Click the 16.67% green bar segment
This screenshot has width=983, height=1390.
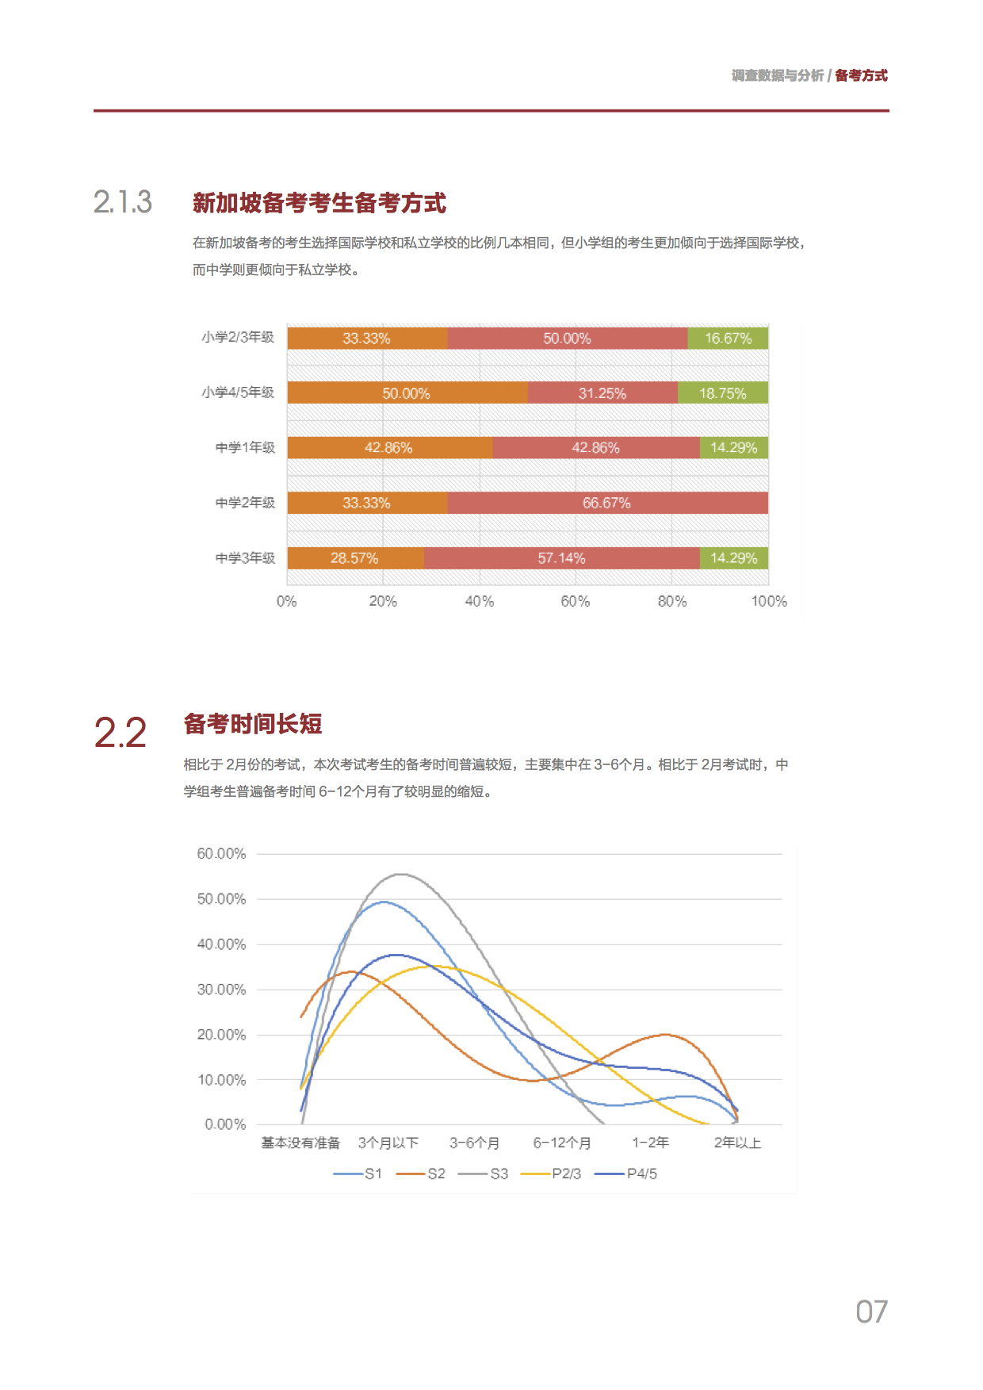point(728,339)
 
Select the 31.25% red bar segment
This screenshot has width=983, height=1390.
point(602,393)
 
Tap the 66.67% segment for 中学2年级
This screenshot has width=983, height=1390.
point(607,504)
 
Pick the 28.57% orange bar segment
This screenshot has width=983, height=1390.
point(354,558)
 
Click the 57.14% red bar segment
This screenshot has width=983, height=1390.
point(561,558)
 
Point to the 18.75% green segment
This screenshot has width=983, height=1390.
point(722,393)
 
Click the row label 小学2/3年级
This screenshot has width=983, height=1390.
point(238,338)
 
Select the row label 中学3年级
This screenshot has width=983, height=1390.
point(245,558)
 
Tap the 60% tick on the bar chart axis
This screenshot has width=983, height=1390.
point(575,602)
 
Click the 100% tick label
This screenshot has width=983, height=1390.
point(768,602)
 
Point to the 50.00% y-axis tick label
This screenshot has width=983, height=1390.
point(221,899)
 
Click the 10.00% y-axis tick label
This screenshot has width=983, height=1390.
point(221,1080)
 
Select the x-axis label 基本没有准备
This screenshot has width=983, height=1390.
point(300,1143)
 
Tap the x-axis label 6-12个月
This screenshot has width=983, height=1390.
point(562,1143)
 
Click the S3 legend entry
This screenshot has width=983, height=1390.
point(484,1174)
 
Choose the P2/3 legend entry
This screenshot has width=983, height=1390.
point(552,1174)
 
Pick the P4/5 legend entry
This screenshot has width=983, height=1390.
point(626,1174)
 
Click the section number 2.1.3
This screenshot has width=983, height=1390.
point(123,202)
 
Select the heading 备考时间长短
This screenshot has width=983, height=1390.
point(253,724)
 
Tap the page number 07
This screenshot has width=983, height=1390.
point(871,1312)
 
